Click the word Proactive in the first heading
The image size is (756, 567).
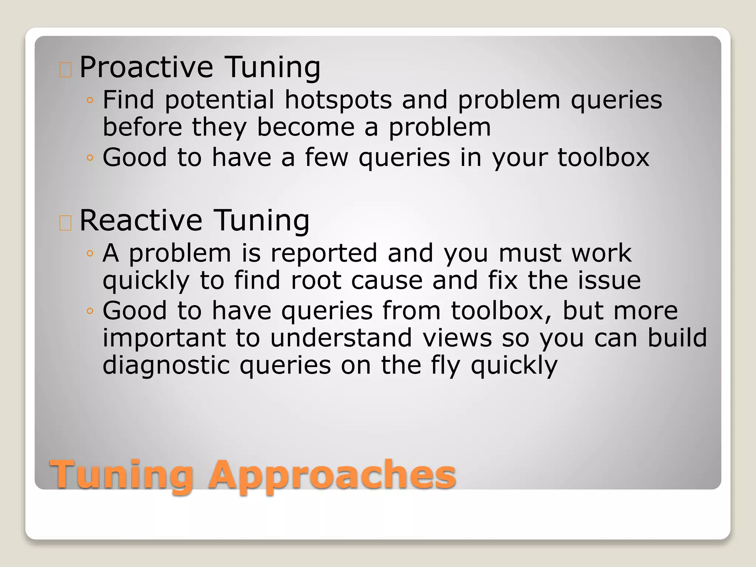pyautogui.click(x=146, y=67)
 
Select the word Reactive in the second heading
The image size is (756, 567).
pyautogui.click(x=141, y=220)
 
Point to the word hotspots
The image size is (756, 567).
pyautogui.click(x=338, y=100)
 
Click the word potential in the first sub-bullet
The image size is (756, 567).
pyautogui.click(x=219, y=101)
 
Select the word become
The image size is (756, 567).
pyautogui.click(x=306, y=127)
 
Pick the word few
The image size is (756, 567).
pyautogui.click(x=326, y=158)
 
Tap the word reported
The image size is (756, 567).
pyautogui.click(x=324, y=254)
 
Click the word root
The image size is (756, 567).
pyautogui.click(x=316, y=281)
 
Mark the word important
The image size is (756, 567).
pyautogui.click(x=164, y=339)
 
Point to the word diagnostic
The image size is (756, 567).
pyautogui.click(x=166, y=366)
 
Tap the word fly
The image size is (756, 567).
pyautogui.click(x=446, y=366)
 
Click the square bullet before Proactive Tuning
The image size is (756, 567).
pyautogui.click(x=65, y=70)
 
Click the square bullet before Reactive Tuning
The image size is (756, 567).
pyautogui.click(x=65, y=223)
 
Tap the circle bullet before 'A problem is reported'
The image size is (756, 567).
pyautogui.click(x=90, y=253)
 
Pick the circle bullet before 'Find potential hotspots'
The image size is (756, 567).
pyautogui.click(x=90, y=100)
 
